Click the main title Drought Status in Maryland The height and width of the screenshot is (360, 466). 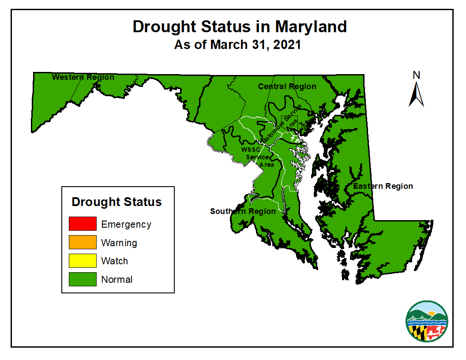tap(240, 26)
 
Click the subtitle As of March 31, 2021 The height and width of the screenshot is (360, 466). tap(237, 45)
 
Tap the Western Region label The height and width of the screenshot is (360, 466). tap(83, 77)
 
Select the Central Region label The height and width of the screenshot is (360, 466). tap(287, 86)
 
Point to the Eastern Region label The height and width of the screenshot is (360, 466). tap(383, 186)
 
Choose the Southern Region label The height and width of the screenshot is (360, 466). tap(243, 211)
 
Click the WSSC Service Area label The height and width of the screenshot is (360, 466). tap(258, 157)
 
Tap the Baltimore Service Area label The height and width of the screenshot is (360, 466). tap(282, 124)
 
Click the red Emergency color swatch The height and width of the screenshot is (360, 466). tap(83, 224)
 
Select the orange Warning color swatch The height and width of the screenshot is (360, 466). tap(83, 242)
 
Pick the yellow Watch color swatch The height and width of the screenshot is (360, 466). tap(83, 261)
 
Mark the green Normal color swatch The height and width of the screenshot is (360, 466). tap(83, 279)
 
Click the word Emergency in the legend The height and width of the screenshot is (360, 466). tap(126, 224)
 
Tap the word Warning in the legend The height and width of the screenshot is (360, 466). tap(119, 243)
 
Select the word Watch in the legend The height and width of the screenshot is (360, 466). tap(115, 261)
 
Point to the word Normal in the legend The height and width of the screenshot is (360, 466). tap(117, 280)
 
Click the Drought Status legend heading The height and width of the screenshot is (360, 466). tap(116, 202)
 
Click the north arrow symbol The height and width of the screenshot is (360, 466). tap(416, 95)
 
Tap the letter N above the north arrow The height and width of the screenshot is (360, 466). tap(416, 75)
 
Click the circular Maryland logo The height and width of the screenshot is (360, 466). tap(427, 321)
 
